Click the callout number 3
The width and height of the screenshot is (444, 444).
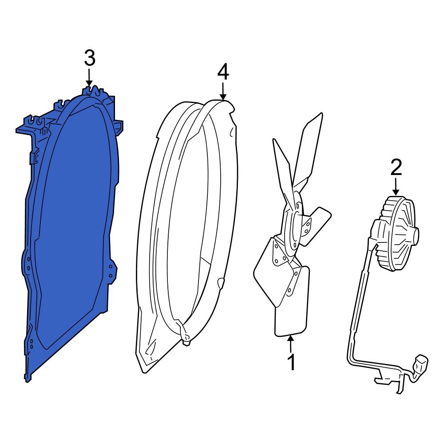[89, 58]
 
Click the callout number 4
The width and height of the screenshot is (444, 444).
[223, 72]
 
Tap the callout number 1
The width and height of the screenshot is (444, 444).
[291, 361]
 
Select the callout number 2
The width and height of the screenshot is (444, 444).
[396, 167]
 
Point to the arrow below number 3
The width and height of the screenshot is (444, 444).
[89, 78]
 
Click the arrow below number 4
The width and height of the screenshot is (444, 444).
[223, 91]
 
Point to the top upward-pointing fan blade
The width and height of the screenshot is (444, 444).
[311, 147]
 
